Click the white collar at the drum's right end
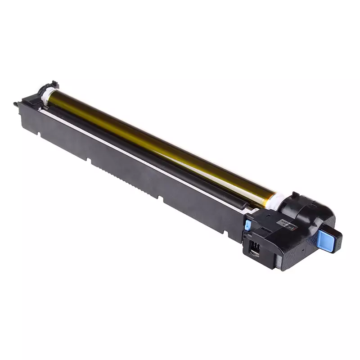point(276,201)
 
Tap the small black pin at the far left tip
point(16,104)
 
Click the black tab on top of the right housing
point(295,194)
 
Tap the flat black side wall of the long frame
point(135,180)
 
